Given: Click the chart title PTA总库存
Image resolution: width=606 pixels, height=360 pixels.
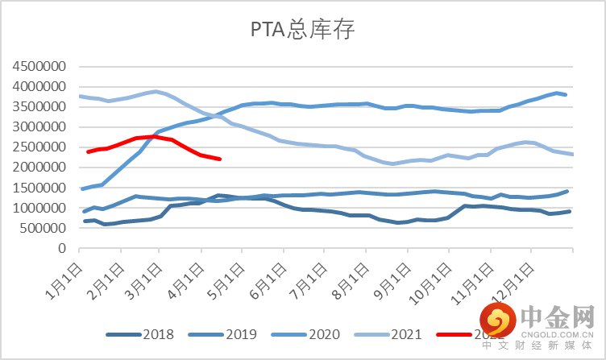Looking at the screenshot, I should click(301, 31).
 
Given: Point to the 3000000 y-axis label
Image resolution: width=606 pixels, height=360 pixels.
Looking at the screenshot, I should click(40, 127).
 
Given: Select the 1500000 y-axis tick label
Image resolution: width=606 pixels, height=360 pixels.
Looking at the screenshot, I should click(40, 188).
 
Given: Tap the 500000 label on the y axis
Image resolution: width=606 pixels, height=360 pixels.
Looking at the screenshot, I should click(44, 229).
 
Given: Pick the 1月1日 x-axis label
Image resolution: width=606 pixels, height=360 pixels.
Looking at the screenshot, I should click(64, 274).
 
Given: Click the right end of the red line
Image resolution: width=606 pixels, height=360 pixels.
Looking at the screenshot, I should click(220, 159).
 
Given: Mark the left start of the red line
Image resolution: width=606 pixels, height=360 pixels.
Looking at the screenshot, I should click(87, 151).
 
